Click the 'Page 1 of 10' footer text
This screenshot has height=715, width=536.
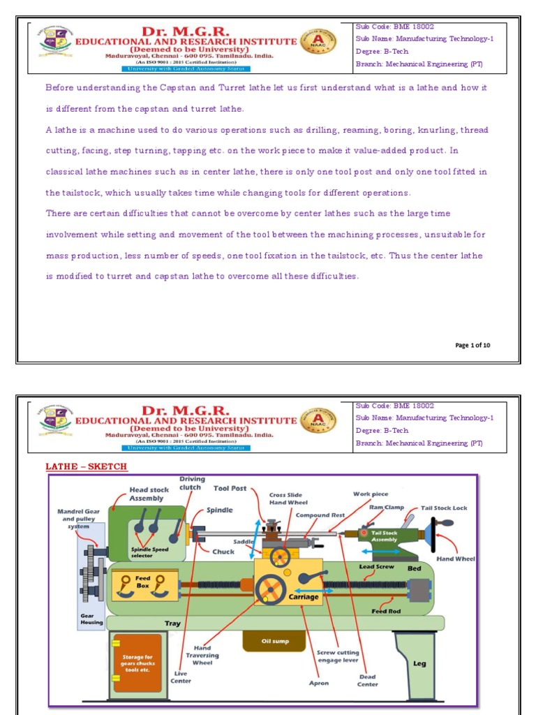pos(472,345)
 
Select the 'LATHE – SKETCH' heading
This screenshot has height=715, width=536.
pos(87,466)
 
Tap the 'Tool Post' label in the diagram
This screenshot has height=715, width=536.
pos(230,489)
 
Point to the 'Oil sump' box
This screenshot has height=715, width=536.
pos(274,640)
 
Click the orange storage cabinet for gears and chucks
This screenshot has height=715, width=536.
pos(137,663)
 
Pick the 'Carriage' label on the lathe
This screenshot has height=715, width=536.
pos(303,597)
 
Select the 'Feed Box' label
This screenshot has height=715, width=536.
pos(143,582)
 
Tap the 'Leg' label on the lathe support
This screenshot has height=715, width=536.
pos(419,663)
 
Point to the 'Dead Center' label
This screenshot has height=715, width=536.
pos(367,680)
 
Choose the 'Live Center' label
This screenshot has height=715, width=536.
pos(181,677)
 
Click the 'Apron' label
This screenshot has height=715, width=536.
pos(319,683)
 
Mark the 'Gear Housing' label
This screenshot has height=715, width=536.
pos(91,619)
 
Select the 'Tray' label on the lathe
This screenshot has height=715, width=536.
pos(172,623)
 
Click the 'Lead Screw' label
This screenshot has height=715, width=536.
pos(376,566)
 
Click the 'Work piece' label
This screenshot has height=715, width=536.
pos(371,494)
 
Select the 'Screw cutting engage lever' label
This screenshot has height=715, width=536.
pos(338,656)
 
